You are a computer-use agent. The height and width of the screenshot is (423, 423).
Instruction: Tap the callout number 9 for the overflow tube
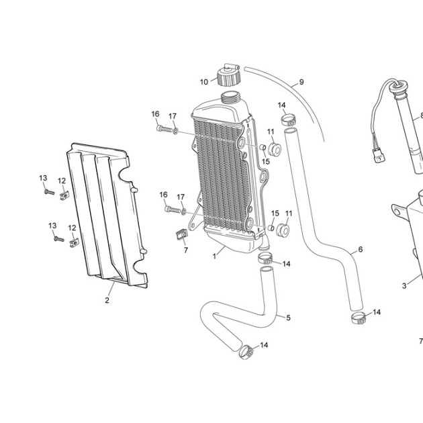click(301, 82)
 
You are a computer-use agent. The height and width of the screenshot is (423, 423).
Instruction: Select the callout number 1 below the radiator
click(214, 256)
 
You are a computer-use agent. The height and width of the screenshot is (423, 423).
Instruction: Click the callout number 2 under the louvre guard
click(107, 300)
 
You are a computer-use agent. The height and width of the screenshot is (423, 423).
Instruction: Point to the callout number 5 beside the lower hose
click(289, 318)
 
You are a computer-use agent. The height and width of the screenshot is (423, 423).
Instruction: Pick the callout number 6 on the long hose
click(361, 250)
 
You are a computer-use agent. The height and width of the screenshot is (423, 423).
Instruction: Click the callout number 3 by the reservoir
click(404, 285)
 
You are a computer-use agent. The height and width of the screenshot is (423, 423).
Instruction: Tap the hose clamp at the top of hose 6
click(289, 120)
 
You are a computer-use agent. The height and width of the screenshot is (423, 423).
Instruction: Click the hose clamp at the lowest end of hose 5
click(246, 352)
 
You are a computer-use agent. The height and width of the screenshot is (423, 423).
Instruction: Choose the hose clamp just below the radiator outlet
click(265, 258)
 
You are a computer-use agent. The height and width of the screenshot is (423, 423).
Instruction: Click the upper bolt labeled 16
click(164, 129)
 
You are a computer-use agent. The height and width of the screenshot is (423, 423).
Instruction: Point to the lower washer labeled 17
click(184, 211)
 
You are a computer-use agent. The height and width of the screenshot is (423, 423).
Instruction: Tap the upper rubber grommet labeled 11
click(275, 150)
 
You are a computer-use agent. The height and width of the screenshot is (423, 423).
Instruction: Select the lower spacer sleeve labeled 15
click(271, 228)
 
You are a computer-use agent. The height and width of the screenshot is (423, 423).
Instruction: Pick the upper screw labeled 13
click(50, 192)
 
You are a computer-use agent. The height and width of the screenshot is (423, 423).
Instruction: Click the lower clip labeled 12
click(74, 243)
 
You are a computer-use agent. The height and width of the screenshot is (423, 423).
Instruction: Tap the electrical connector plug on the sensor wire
click(380, 156)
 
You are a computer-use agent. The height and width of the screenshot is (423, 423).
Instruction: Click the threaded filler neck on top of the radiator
click(230, 97)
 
